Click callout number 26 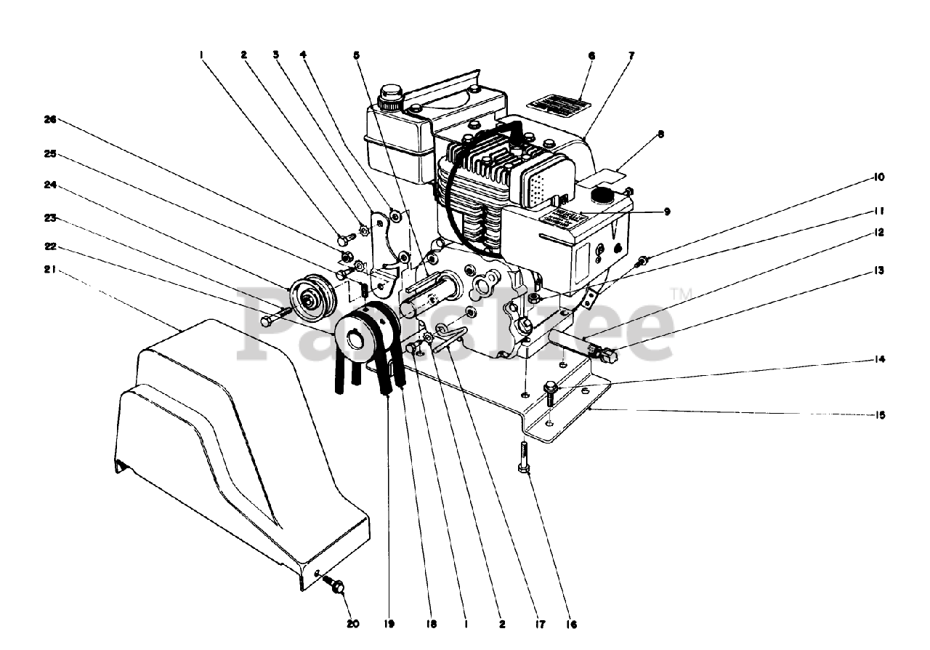coord(50,121)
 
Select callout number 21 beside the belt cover coord(50,270)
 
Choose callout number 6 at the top coord(591,55)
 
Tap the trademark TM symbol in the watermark coord(682,293)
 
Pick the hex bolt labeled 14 coord(550,393)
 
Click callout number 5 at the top coord(357,55)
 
